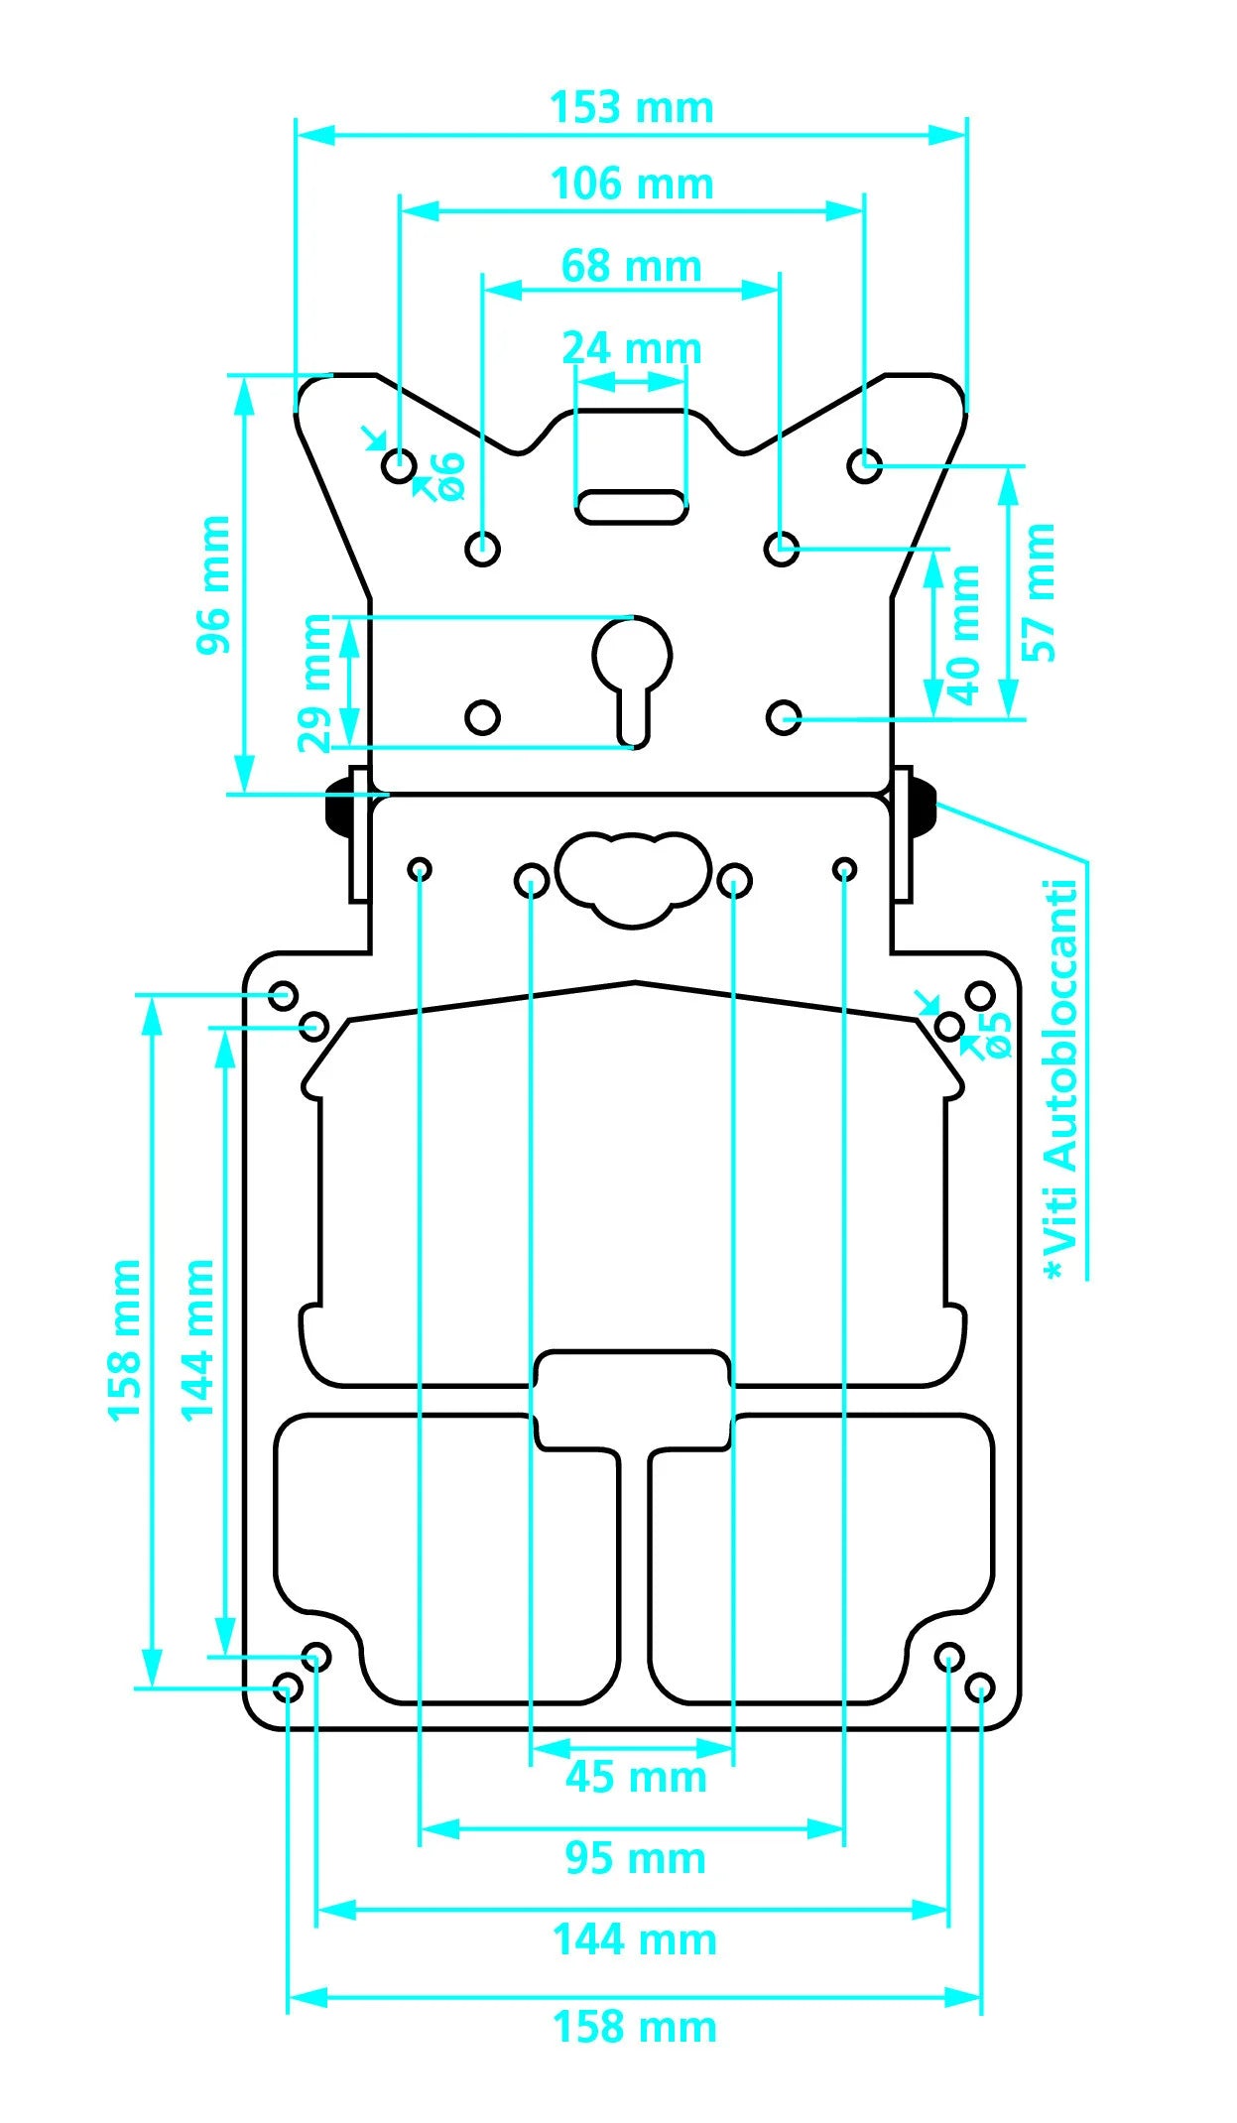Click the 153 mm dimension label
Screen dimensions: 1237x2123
[x=632, y=108]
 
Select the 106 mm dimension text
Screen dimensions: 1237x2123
[x=632, y=185]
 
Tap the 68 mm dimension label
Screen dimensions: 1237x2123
[x=632, y=267]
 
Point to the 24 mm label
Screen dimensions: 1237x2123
[x=632, y=349]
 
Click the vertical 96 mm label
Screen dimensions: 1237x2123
[x=213, y=585]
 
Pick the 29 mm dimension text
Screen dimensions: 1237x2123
[x=315, y=684]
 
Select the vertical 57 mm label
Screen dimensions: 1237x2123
[x=1040, y=592]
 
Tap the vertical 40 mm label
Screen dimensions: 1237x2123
[x=963, y=635]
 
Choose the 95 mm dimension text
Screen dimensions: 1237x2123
[x=636, y=1858]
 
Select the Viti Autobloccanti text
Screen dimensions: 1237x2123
[x=1061, y=1079]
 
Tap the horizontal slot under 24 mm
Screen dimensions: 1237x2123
[x=632, y=506]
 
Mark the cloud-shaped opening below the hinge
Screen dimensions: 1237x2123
[x=633, y=878]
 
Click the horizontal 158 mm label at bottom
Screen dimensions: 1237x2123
[x=635, y=2027]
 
